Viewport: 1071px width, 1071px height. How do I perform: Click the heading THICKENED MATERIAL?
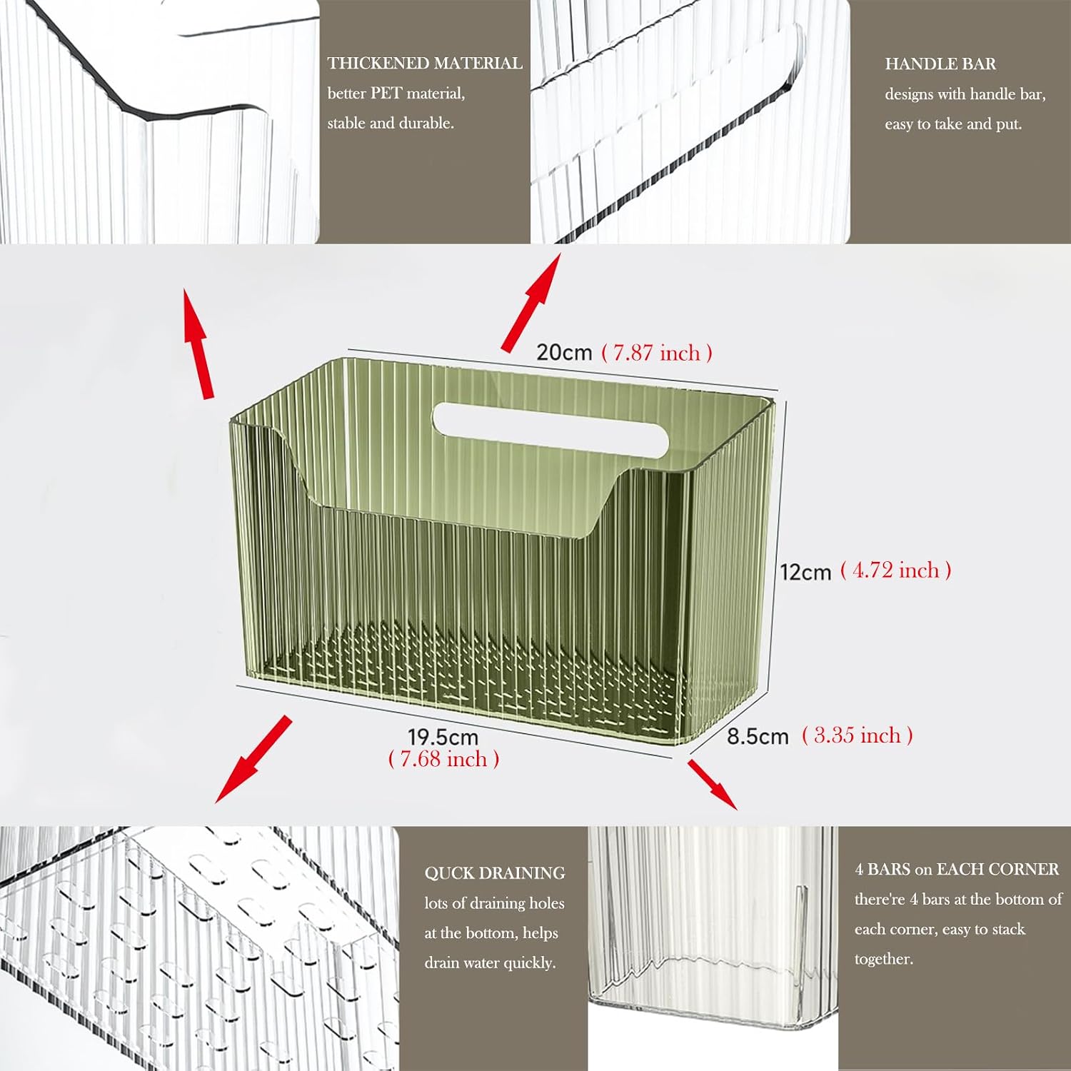point(425,64)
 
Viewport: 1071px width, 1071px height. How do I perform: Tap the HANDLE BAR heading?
point(940,64)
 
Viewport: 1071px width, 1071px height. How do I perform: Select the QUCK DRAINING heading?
point(495,873)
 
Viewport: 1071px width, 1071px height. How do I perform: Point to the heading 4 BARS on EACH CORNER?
point(957,869)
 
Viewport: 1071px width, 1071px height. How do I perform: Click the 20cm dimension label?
point(564,352)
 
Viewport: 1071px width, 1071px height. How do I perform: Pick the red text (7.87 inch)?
point(657,353)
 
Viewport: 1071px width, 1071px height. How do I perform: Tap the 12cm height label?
point(805,572)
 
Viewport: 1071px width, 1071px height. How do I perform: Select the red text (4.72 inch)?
point(896,570)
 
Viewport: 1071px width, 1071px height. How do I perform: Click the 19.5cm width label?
point(443,736)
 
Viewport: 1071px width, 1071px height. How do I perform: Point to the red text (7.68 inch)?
point(443,758)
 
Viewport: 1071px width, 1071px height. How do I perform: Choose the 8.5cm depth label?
point(758,736)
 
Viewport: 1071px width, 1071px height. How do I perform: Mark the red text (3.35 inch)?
point(858,735)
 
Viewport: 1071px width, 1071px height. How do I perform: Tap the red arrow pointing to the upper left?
point(198,343)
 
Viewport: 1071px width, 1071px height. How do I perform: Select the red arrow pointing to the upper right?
point(531,303)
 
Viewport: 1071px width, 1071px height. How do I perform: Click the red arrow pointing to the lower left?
point(253,760)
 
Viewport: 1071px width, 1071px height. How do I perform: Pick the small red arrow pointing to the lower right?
point(713,785)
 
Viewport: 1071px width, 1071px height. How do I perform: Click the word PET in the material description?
point(386,94)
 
